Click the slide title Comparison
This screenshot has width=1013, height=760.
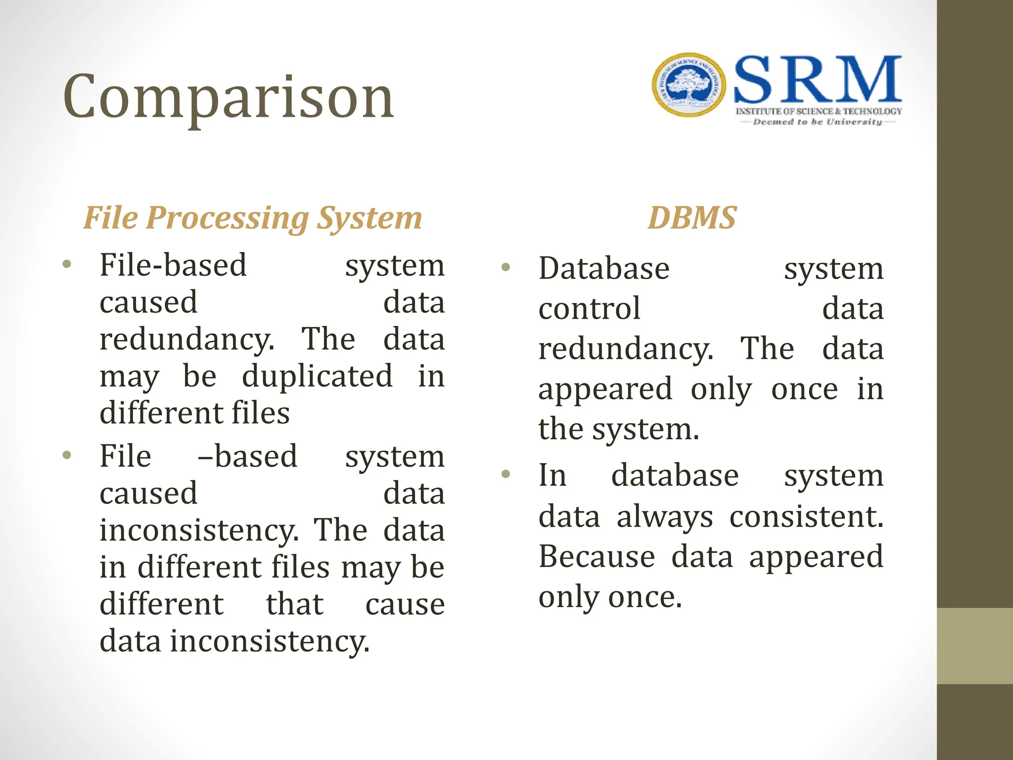[x=229, y=97]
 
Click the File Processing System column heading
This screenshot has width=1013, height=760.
[x=252, y=218]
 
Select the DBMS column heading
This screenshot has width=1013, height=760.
[x=692, y=218]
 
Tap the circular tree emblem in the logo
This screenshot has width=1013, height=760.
[x=689, y=85]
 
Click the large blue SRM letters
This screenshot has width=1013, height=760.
[x=817, y=80]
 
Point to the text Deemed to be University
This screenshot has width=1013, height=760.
[x=817, y=122]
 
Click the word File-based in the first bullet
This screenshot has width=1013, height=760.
[x=173, y=265]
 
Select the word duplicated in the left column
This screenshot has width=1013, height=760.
[x=317, y=376]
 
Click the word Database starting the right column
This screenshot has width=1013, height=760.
[x=604, y=269]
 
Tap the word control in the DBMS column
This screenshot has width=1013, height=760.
[x=590, y=309]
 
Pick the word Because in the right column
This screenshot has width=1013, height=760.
[x=597, y=557]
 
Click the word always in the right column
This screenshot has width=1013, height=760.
[x=665, y=517]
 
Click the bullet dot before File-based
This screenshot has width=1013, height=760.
[x=67, y=264]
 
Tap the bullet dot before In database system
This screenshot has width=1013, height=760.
[x=506, y=475]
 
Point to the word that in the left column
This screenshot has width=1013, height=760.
[x=294, y=604]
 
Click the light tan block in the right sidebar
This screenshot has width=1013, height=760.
[x=974, y=646]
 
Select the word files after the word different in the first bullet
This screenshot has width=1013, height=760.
[x=261, y=413]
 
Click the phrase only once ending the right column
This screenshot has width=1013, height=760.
[x=610, y=597]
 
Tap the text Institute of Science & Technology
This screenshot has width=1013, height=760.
[x=819, y=111]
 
